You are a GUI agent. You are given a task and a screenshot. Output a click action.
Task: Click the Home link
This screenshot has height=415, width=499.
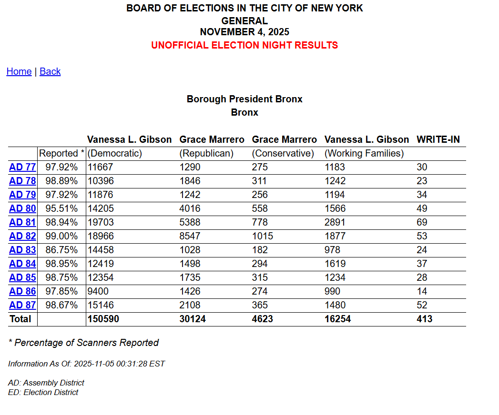19,71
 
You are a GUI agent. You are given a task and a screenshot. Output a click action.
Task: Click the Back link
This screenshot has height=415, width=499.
50,71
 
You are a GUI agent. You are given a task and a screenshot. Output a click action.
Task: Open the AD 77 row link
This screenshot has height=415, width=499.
22,167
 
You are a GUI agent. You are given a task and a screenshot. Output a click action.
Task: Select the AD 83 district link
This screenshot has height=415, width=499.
22,250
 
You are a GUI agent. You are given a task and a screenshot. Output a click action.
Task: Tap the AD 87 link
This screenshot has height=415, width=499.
22,305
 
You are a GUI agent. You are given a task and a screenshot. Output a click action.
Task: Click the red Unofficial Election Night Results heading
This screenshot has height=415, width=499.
244,45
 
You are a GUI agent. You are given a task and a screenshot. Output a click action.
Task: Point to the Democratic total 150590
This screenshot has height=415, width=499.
103,319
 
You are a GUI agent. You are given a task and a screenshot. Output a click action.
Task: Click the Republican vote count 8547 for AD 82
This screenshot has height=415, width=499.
190,236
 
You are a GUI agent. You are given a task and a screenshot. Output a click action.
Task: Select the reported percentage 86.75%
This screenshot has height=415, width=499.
61,250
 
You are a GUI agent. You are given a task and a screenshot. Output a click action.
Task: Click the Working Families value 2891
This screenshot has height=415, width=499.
335,222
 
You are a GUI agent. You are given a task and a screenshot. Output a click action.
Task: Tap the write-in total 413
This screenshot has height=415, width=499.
424,319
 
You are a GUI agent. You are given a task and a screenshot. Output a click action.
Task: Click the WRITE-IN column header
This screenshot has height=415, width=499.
438,139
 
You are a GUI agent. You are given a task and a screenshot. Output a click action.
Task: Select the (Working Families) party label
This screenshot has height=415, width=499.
364,153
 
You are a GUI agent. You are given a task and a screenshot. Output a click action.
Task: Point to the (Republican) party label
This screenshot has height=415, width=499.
206,153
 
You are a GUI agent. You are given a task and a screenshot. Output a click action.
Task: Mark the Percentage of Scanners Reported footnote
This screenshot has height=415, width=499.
83,343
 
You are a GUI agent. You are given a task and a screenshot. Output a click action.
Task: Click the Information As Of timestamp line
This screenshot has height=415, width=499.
86,364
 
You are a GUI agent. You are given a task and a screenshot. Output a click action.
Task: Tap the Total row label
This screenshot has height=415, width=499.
20,319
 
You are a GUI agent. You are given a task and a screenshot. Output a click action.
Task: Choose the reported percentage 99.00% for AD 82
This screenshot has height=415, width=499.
61,236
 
